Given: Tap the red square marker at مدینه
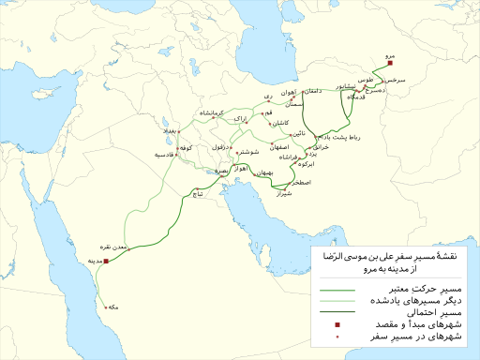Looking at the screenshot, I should [106, 261].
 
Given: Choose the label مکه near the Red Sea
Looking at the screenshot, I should [113, 307].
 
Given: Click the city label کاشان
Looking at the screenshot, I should [281, 124].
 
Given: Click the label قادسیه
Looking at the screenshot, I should [164, 155].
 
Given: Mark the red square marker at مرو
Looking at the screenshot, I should [389, 66].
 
